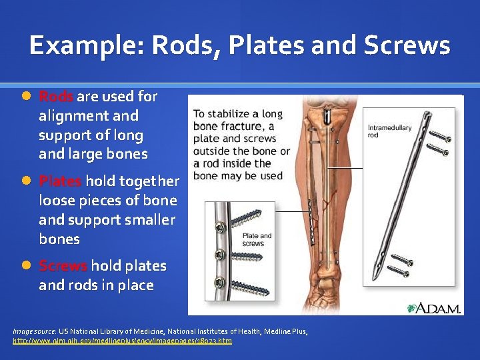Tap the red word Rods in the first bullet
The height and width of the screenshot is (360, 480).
point(56,97)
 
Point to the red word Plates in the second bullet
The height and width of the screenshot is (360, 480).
point(61,181)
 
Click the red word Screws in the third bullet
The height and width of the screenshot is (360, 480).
point(63,266)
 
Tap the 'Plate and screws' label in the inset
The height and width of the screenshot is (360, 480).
point(257,239)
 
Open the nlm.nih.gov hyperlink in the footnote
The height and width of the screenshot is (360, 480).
point(123,341)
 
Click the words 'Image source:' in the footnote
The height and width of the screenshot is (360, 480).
point(34,331)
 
